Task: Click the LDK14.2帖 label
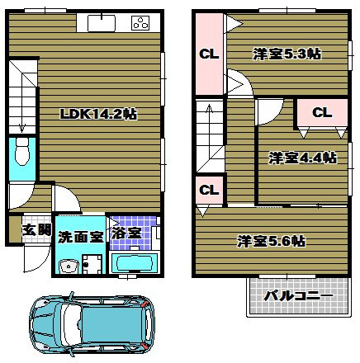pos(97,115)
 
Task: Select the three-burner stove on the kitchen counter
pos(138,23)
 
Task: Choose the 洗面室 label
pos(80,236)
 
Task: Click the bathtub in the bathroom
pos(132,264)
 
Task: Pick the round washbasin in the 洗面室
pos(68,265)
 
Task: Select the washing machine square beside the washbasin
pos(92,265)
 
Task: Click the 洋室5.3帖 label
pos(286,54)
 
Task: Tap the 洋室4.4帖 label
pos(302,157)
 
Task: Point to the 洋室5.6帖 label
pos(271,241)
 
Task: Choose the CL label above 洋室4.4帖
pos(321,112)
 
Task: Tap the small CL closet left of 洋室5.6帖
pos(209,190)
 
